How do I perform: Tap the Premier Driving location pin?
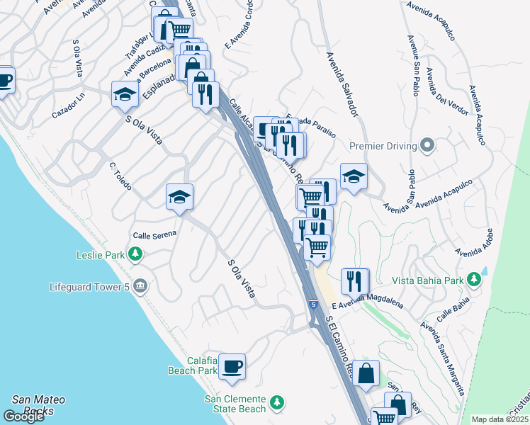[427, 146]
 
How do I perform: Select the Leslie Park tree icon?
[132, 255]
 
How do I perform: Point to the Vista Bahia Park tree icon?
[475, 280]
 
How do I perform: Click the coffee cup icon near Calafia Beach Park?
[232, 368]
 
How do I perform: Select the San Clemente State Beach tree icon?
[278, 403]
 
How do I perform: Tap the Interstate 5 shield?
[312, 305]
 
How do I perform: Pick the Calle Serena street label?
[154, 235]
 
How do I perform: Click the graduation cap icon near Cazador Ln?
[125, 95]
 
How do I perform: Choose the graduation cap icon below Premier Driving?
[354, 177]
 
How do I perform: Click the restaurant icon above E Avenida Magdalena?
[354, 281]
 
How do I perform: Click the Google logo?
[23, 416]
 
